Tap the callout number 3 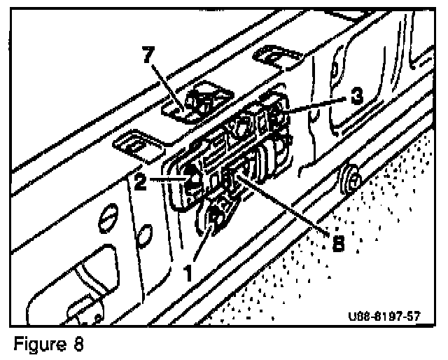pos(357,97)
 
